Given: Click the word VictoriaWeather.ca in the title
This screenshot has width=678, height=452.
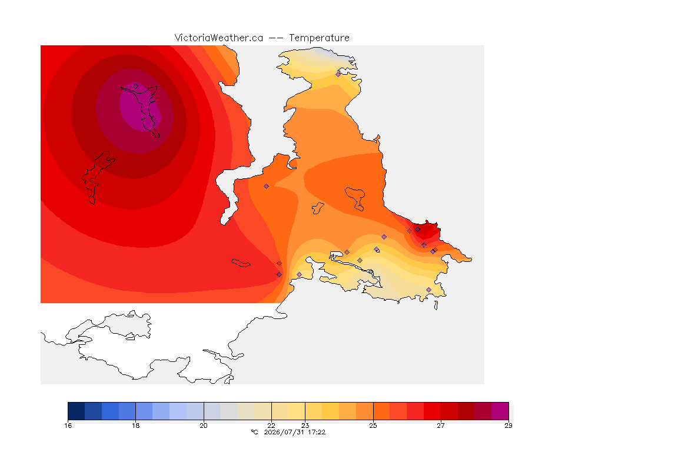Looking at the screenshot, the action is coord(219,38).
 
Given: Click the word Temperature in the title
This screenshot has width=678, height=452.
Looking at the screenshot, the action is coord(319,38).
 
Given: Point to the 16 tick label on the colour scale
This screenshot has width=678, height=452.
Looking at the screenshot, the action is coord(68,426).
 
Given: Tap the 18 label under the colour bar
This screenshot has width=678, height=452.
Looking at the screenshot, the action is coord(136,426).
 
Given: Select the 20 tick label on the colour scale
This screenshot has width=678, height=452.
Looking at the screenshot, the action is coord(204,426).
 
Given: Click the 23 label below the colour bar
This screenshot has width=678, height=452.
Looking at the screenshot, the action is coord(305,426).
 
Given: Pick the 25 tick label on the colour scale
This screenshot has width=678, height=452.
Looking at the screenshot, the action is coord(373,426).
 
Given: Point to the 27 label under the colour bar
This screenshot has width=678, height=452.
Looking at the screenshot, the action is coord(441,426).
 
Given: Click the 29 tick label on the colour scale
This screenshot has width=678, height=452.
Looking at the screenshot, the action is coord(508,426).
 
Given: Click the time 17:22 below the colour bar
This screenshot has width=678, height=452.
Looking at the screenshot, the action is coord(317,432).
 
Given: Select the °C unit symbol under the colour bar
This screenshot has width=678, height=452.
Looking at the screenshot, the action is coord(254,432).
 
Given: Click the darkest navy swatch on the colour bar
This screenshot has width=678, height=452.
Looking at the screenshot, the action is coord(77,411).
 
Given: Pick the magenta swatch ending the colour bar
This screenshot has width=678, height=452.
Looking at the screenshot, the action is coord(500,411).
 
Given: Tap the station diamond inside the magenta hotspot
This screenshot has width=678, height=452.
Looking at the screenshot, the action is coord(136,87).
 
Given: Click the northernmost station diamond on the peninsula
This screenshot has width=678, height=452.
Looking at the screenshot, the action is coord(338,74).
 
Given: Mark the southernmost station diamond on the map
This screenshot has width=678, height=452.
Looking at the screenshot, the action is coord(428,290).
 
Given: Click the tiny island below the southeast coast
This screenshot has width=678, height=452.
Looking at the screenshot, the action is coord(436,305).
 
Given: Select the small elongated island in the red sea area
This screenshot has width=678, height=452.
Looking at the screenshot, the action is coord(241,263).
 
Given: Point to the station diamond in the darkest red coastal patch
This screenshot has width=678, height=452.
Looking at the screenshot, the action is coord(418,230).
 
